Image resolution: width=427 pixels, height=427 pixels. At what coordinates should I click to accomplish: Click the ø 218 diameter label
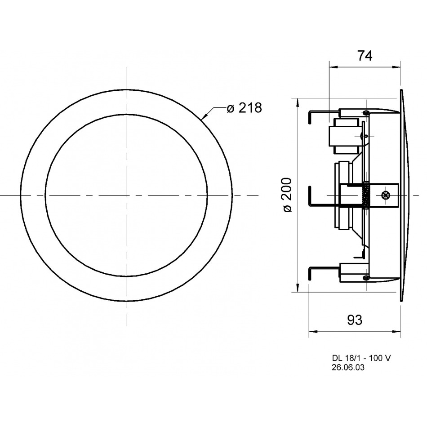pyautogui.click(x=244, y=108)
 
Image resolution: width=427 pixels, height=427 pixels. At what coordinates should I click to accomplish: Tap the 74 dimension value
pyautogui.click(x=365, y=56)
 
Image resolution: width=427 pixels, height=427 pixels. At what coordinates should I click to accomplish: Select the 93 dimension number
pyautogui.click(x=355, y=320)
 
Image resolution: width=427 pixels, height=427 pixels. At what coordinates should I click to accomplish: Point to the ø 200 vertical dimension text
pyautogui.click(x=288, y=195)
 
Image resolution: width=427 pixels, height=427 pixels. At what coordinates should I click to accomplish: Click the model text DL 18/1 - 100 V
pyautogui.click(x=361, y=358)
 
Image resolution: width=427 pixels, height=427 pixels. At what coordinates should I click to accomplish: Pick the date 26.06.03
pyautogui.click(x=348, y=368)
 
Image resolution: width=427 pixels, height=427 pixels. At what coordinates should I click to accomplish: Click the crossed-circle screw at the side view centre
pyautogui.click(x=386, y=195)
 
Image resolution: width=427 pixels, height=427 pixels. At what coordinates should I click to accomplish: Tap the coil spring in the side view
pyautogui.click(x=366, y=195)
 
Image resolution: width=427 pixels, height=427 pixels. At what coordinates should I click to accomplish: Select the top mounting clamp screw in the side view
pyautogui.click(x=366, y=112)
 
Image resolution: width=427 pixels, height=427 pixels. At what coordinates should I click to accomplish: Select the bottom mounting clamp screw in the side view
pyautogui.click(x=366, y=277)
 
